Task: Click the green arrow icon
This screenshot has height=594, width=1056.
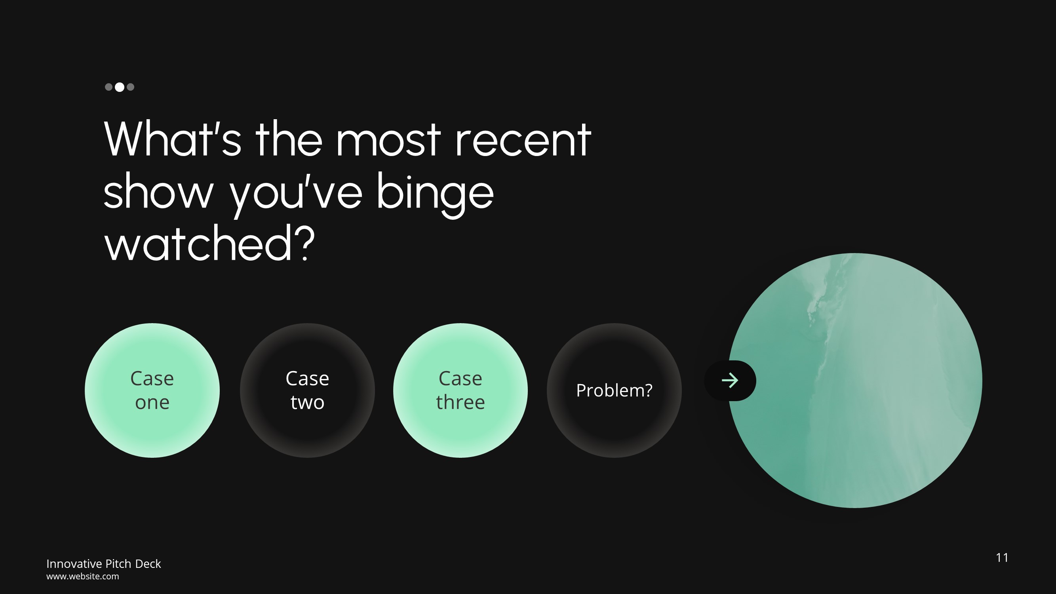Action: coord(730,381)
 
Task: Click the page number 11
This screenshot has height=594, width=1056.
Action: coord(1001,558)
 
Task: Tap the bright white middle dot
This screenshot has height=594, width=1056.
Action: coord(119,87)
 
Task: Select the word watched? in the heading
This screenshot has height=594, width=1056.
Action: coord(209,244)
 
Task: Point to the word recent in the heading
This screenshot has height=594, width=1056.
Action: coord(523,140)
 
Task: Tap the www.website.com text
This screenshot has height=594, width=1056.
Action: coord(82,576)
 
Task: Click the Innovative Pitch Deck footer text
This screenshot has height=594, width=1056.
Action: coord(103,564)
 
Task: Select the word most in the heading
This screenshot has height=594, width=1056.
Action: coord(388,140)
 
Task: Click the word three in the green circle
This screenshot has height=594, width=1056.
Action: coord(460,402)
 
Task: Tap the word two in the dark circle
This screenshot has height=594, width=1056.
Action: coord(307,402)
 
